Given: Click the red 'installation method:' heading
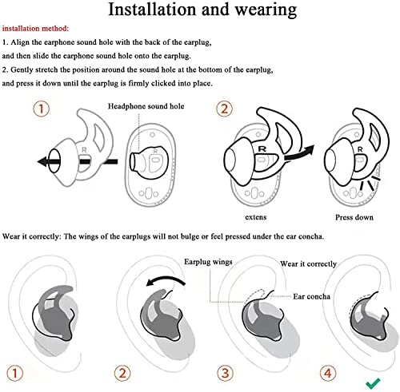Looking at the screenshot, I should tap(36, 27).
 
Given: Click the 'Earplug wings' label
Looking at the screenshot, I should tap(208, 261).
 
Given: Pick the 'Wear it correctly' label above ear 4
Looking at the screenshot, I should tap(308, 263).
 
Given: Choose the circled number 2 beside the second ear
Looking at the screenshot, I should tap(120, 371).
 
